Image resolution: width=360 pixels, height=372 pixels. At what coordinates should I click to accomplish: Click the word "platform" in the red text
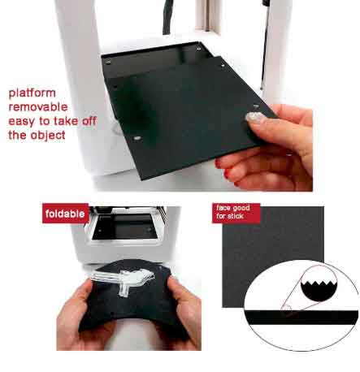tap(33, 93)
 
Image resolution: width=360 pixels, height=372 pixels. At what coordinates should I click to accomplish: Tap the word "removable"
tap(38, 107)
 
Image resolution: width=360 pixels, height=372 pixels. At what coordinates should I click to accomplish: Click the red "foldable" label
tap(65, 214)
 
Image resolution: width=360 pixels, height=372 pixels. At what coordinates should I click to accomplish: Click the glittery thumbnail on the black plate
tap(255, 118)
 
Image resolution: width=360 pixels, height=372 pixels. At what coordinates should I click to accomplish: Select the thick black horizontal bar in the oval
tap(301, 318)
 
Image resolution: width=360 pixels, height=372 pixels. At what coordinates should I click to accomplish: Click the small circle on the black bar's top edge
tap(286, 310)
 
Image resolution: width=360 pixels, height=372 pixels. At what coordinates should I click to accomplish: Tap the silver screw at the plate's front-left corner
tap(137, 138)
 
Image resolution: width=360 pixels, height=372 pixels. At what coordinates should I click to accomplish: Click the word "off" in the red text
tap(89, 121)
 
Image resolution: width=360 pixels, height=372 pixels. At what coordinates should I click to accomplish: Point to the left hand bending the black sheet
tap(76, 319)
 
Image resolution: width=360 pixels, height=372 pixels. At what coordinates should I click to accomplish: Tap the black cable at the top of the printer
tap(167, 17)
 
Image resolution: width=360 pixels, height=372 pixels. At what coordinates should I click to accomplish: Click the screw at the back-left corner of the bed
tap(108, 63)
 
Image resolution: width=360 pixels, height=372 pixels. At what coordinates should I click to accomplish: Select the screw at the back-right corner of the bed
tap(198, 49)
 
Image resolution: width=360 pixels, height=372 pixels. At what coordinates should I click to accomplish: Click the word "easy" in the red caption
tap(22, 122)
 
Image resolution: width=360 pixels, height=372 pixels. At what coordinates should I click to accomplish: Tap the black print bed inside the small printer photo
tap(124, 227)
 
